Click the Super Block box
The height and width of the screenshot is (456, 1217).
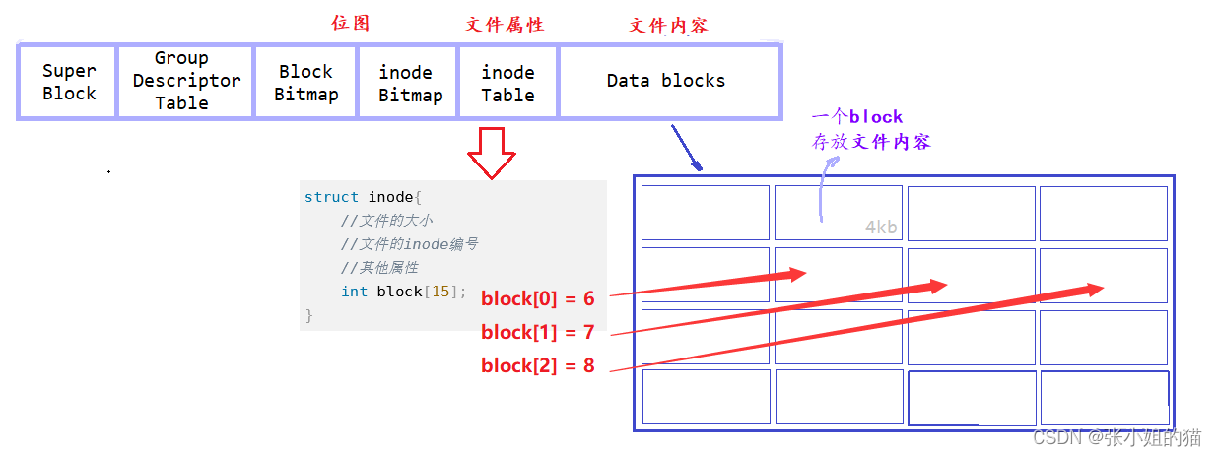coord(68,83)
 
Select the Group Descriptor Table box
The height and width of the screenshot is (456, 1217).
coord(185,82)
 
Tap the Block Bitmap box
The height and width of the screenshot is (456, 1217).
coord(305,83)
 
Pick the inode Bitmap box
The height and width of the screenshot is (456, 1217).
coord(409,83)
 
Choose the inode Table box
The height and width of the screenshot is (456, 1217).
coord(507,83)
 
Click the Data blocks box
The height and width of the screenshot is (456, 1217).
coord(666,82)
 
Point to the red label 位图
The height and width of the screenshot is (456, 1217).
coord(350,23)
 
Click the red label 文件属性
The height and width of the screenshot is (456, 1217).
coord(505,25)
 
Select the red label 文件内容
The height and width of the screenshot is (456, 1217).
coord(668,26)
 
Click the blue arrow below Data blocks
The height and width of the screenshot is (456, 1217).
coord(686,148)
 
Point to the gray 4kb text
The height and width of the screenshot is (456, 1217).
coord(881,228)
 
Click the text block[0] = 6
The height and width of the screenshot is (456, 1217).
coord(537,298)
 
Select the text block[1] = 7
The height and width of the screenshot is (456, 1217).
coord(537,332)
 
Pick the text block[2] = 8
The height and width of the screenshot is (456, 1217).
coord(537,365)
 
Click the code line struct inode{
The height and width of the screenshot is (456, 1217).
coord(363,197)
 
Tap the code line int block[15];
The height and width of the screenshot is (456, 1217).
coord(403,292)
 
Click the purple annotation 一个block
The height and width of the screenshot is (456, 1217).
coord(856,117)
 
